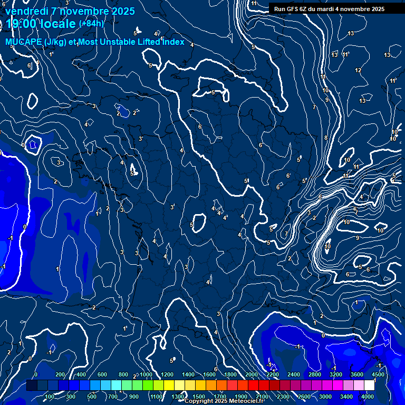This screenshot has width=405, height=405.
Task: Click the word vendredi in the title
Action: [27, 11]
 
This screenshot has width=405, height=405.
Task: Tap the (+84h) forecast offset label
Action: [91, 23]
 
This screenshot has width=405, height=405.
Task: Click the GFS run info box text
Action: [329, 9]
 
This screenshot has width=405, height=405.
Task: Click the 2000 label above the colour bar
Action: [252, 374]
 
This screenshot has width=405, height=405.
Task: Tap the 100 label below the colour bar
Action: [50, 397]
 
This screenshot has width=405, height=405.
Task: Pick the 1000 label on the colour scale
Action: [146, 374]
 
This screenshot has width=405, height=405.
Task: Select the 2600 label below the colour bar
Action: [304, 397]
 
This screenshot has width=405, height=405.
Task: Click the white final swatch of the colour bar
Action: [369, 385]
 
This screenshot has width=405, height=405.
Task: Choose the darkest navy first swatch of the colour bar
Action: [32, 385]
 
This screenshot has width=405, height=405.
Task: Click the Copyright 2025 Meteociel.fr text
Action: [224, 401]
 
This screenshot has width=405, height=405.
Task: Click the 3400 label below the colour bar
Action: [346, 397]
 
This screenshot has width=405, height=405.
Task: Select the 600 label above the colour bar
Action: [102, 374]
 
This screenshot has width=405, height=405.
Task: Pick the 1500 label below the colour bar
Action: [199, 397]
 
